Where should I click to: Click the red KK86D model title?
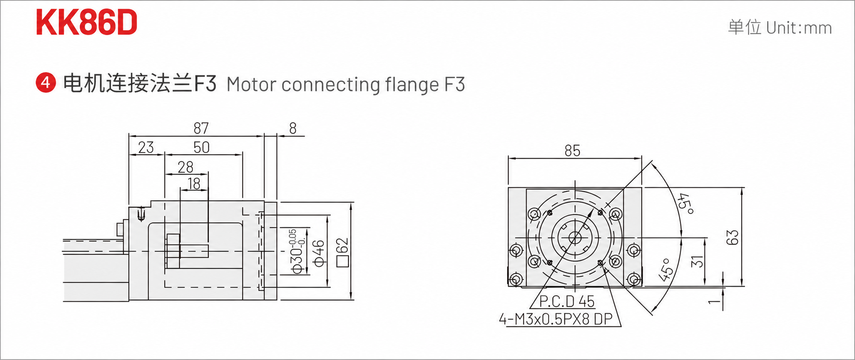[87, 23]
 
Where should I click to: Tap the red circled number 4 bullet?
[46, 83]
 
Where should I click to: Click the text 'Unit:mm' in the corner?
[799, 28]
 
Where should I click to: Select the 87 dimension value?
[201, 128]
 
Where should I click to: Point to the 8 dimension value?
[293, 128]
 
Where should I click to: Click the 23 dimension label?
[146, 147]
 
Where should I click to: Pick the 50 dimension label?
[201, 147]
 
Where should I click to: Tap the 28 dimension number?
[185, 167]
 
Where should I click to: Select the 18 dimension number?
[194, 183]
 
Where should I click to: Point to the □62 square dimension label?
[342, 253]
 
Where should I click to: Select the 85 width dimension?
[572, 151]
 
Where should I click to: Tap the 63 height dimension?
[732, 237]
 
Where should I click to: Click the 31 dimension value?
[697, 261]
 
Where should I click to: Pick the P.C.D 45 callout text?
[567, 301]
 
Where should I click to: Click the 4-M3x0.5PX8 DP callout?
[556, 319]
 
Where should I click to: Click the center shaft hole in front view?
[575, 238]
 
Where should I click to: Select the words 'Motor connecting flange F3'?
[345, 84]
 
